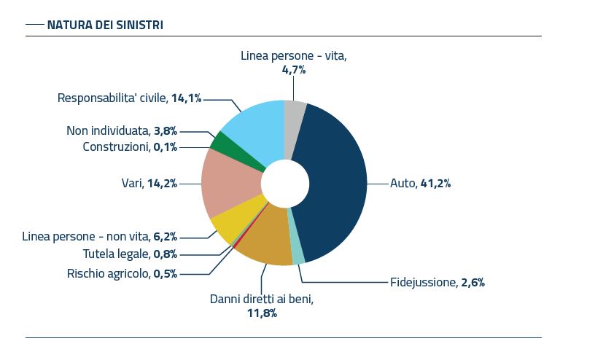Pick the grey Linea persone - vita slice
click(293, 117)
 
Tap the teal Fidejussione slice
click(296, 254)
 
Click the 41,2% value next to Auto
click(435, 184)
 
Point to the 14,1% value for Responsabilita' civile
click(186, 98)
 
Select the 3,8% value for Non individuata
click(165, 131)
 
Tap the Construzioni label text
click(116, 147)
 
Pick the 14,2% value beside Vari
click(162, 184)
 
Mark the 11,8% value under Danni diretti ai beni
click(262, 313)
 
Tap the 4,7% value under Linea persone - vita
click(293, 70)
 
